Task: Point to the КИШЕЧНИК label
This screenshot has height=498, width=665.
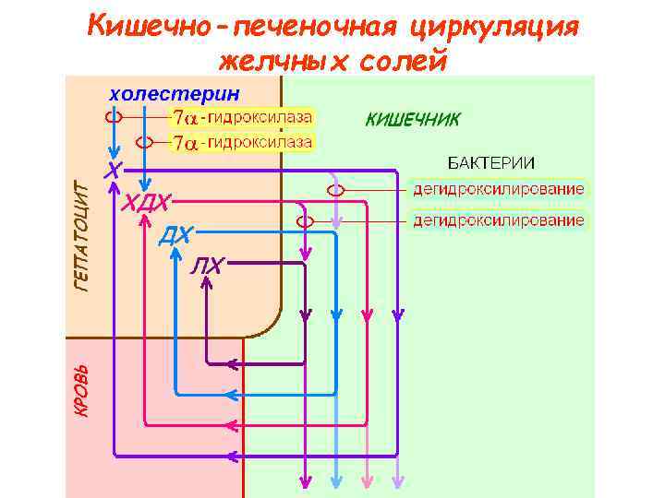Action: coord(412,120)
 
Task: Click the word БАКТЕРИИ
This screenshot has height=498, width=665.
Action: coord(491,162)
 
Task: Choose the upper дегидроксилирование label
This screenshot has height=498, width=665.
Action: coord(498,189)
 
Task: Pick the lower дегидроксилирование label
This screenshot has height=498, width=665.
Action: coord(498,220)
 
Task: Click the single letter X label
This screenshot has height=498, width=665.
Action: coord(112,172)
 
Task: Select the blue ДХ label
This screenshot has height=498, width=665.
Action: coord(175,235)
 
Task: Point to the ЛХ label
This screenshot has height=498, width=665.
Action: coord(208,267)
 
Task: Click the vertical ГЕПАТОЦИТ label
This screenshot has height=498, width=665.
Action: coord(81,236)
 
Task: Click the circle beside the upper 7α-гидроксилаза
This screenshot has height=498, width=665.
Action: coord(114,117)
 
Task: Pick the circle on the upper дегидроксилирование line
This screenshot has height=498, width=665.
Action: coord(337,189)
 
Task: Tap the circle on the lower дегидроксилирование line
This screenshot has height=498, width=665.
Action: coord(306,221)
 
